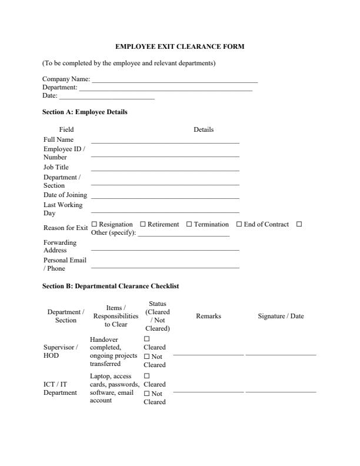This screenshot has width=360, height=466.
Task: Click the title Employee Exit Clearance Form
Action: coord(179,46)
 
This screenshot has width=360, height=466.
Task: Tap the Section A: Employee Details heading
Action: coord(85,112)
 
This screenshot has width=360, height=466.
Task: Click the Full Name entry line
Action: coord(165,142)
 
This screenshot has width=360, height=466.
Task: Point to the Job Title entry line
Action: coord(165,170)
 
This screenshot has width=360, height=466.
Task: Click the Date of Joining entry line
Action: coord(165,198)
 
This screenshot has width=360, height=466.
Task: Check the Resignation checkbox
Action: coord(94,224)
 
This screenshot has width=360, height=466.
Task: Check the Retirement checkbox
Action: coord(142,224)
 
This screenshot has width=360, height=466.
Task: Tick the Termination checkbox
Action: coord(189,224)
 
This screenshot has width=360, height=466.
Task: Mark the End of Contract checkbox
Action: coord(239,224)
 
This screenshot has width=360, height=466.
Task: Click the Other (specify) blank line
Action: coord(183,235)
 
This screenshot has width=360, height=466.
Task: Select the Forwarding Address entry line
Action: coord(165,249)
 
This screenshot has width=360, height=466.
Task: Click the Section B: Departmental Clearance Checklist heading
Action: coord(111,286)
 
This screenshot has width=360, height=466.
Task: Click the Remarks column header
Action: coord(208,316)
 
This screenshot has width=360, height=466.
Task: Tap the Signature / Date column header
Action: coord(281,316)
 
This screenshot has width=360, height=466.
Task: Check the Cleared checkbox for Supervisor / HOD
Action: coord(147,339)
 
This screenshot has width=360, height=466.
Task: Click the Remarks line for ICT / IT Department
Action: coord(208,391)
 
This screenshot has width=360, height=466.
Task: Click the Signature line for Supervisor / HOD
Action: coord(281,355)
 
